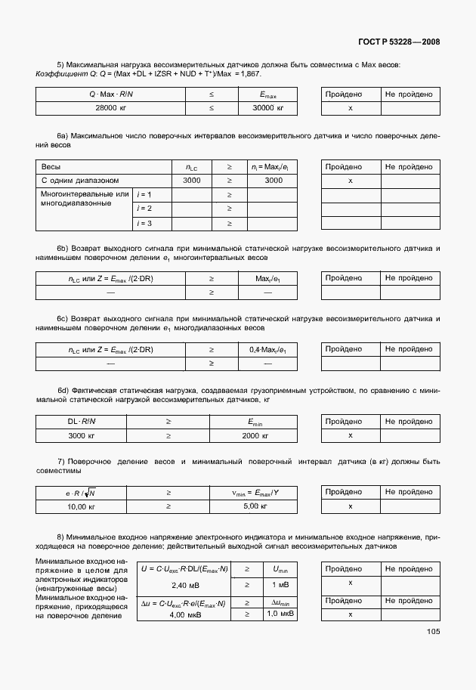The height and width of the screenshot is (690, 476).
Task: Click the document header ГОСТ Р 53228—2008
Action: (x=397, y=42)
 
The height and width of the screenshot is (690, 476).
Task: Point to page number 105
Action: (x=433, y=632)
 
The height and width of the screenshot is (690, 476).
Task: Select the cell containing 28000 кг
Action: (x=111, y=109)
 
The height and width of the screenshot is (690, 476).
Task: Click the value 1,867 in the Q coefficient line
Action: (x=250, y=73)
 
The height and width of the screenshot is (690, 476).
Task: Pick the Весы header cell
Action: (x=52, y=166)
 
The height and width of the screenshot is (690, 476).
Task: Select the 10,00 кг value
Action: (x=83, y=507)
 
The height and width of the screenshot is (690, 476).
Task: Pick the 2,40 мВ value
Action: (x=184, y=586)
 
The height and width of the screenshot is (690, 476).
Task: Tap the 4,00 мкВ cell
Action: (x=184, y=614)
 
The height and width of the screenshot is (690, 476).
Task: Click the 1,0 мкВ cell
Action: (x=279, y=614)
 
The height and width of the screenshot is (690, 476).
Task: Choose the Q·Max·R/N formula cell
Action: (x=111, y=94)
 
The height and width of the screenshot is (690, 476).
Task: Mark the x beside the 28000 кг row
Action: (x=350, y=109)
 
